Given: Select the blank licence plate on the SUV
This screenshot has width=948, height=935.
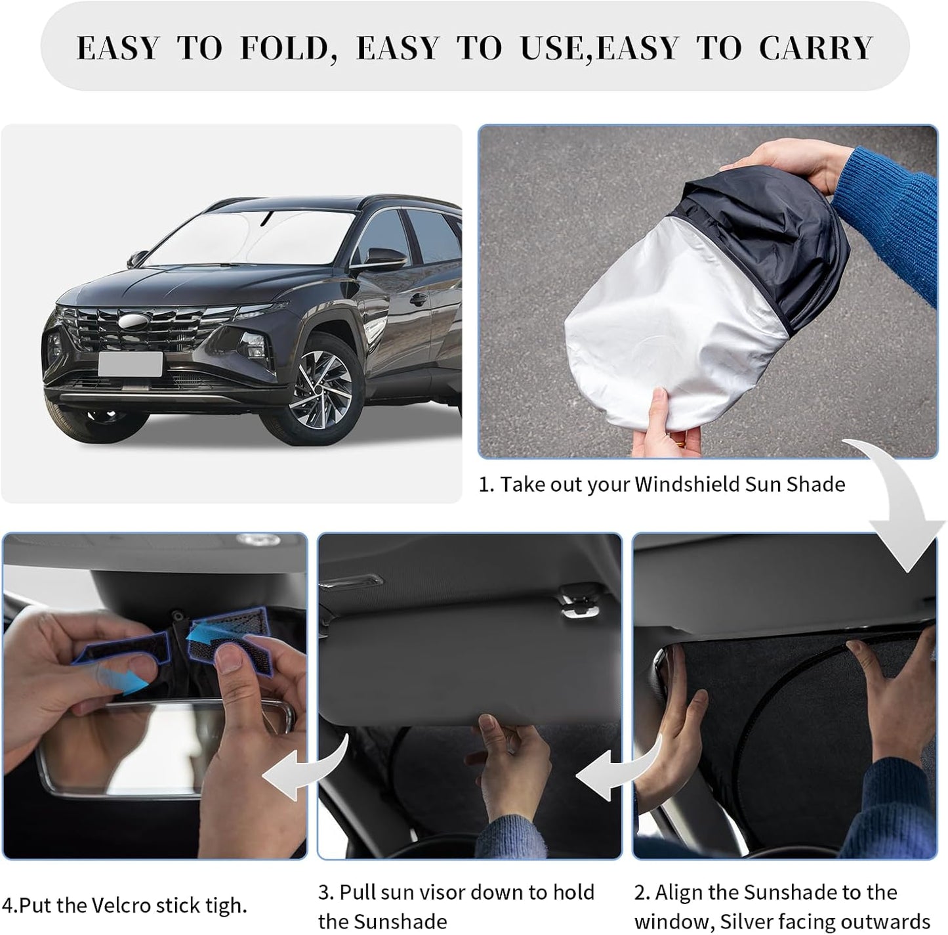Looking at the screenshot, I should [130, 364].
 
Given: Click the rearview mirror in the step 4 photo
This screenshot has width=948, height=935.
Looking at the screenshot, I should [151, 749].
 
